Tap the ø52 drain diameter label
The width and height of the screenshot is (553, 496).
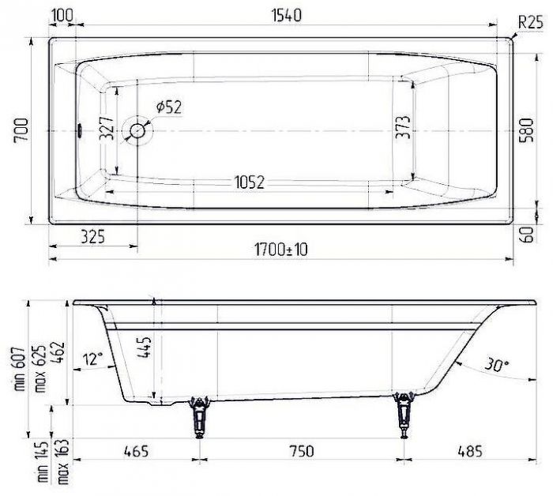tap(168, 107)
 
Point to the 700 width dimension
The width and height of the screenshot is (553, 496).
tap(21, 130)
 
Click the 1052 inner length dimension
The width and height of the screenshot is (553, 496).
tap(250, 182)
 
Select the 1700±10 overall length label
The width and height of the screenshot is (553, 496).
tap(280, 250)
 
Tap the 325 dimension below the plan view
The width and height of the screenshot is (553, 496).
tap(92, 235)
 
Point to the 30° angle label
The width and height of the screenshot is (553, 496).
tap(495, 365)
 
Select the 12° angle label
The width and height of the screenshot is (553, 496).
tap(92, 359)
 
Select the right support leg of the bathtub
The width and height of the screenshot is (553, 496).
tap(406, 413)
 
